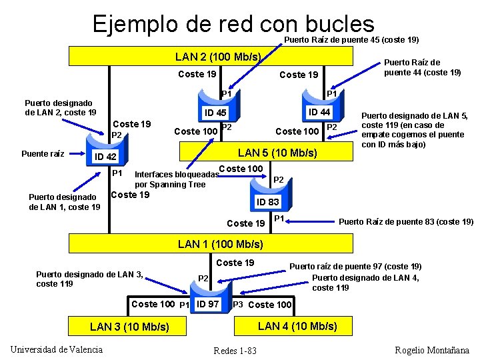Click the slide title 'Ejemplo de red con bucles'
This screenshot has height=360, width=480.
pyautogui.click(x=233, y=25)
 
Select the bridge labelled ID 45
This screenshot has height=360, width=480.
pyautogui.click(x=215, y=113)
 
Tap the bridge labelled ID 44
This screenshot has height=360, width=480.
pyautogui.click(x=318, y=111)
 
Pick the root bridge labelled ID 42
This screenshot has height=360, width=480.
pyautogui.click(x=105, y=157)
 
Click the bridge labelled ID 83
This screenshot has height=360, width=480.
pyautogui.click(x=268, y=201)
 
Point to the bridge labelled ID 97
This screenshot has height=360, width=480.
pyautogui.click(x=209, y=304)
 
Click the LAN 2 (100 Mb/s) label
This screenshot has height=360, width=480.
pyautogui.click(x=217, y=57)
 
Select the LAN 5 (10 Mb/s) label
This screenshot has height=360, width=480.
pyautogui.click(x=277, y=153)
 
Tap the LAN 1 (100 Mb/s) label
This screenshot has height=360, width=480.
pyautogui.click(x=221, y=244)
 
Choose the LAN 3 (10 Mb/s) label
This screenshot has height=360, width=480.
pyautogui.click(x=129, y=326)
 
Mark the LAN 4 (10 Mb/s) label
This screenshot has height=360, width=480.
pyautogui.click(x=297, y=325)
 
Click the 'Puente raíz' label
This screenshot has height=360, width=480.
pyautogui.click(x=43, y=153)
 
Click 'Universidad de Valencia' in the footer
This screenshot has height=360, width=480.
pyautogui.click(x=57, y=349)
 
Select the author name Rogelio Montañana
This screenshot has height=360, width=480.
pyautogui.click(x=432, y=350)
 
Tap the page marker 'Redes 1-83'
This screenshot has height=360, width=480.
pyautogui.click(x=235, y=351)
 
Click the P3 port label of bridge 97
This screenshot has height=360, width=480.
pyautogui.click(x=237, y=304)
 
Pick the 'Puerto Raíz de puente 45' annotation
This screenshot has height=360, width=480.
pyautogui.click(x=351, y=39)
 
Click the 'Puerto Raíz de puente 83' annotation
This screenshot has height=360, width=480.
pyautogui.click(x=406, y=221)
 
